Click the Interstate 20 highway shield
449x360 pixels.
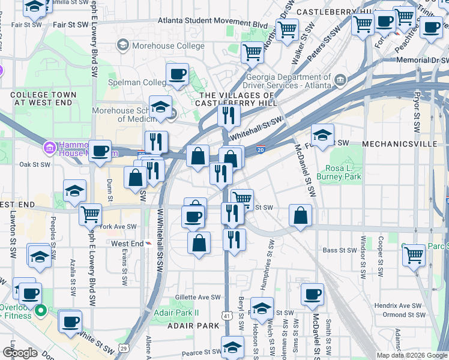click(x=261, y=149)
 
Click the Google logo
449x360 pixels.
click(x=20, y=353)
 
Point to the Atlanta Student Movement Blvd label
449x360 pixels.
click(x=212, y=22)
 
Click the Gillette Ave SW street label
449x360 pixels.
click(x=198, y=298)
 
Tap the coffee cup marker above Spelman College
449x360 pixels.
click(x=177, y=74)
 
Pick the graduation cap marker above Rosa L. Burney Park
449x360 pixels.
click(x=322, y=135)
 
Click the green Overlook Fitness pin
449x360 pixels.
click(x=40, y=310)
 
